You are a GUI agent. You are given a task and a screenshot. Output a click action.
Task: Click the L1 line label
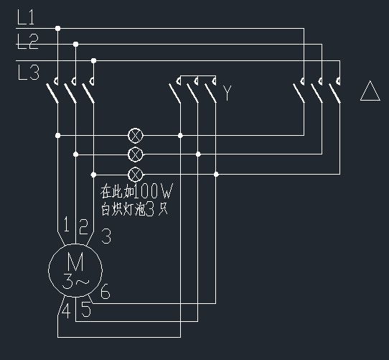[x=26, y=17]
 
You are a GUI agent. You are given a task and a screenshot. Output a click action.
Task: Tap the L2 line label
[x=28, y=42]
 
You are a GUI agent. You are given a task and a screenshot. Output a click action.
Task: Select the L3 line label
[x=28, y=73]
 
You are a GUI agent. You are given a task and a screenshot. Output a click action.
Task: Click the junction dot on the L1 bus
[x=58, y=28]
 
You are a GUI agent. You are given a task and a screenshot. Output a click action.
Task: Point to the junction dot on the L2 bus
[x=75, y=45]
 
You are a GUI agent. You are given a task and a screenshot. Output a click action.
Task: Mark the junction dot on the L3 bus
[x=93, y=60]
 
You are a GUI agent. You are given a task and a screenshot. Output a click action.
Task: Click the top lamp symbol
[x=136, y=136]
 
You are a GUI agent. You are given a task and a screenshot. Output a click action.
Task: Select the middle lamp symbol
[x=136, y=154]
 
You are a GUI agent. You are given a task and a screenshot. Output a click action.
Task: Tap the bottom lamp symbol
[x=136, y=175]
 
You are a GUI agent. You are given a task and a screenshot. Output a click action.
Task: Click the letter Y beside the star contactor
[x=227, y=93]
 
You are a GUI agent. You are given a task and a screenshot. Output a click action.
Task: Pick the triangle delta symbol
[x=370, y=91]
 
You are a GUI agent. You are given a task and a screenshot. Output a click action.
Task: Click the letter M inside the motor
[x=75, y=262]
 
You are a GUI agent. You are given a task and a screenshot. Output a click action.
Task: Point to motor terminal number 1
[x=66, y=224]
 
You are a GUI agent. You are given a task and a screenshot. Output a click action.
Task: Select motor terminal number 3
[x=106, y=236]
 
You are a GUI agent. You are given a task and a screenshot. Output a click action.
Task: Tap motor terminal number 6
[x=106, y=291]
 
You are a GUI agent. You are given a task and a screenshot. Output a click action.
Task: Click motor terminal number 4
[x=66, y=311]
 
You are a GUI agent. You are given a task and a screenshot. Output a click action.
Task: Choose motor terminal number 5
[x=86, y=310]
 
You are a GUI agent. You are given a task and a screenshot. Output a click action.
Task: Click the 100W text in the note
[x=153, y=191]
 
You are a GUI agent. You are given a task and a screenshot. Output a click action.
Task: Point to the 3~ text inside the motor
[x=75, y=282]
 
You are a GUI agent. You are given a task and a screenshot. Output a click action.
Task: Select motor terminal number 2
[x=83, y=226]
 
